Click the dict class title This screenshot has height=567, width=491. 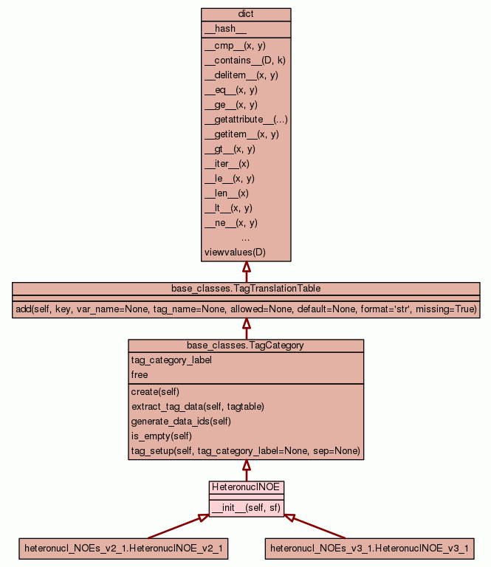(x=246, y=15)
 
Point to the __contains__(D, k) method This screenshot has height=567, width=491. (x=244, y=61)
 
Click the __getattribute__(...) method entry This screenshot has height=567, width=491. (x=246, y=120)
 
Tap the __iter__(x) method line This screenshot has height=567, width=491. (x=227, y=164)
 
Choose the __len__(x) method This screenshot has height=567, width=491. (x=227, y=193)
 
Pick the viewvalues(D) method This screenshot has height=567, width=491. (x=235, y=252)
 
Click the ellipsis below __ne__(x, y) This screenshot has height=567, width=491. (x=246, y=238)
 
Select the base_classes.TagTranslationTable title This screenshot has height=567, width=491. (x=246, y=288)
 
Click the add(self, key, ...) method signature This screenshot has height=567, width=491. (x=246, y=309)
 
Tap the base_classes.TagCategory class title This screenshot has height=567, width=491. (x=246, y=345)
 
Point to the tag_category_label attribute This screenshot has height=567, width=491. (x=171, y=360)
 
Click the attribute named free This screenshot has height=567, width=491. (x=140, y=375)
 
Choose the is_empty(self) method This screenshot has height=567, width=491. (x=161, y=436)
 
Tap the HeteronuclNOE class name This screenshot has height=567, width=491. (x=247, y=487)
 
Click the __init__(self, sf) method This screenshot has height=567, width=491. (x=246, y=508)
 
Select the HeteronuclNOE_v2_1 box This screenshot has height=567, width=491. (x=123, y=549)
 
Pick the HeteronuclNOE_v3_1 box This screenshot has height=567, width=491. (x=369, y=549)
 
